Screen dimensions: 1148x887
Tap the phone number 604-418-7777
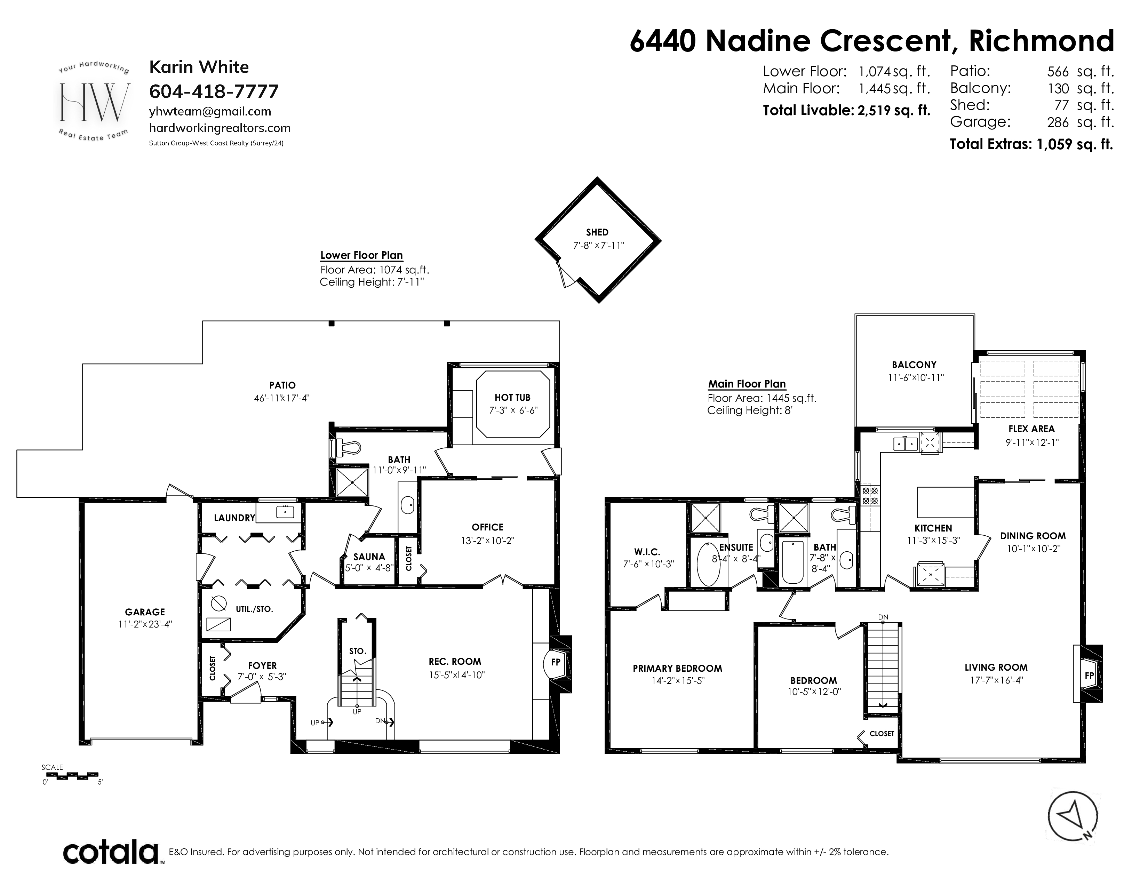(x=214, y=91)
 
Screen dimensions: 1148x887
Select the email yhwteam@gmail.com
(x=210, y=111)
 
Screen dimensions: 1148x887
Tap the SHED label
(x=597, y=232)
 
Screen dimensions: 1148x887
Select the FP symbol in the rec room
(x=556, y=663)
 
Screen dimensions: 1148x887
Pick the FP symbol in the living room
(x=1089, y=676)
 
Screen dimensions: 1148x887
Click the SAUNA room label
(x=369, y=557)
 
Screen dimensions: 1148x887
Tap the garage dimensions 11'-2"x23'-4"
(x=146, y=624)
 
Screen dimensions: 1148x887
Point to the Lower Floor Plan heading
(x=362, y=255)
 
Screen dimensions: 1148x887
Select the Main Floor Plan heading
(x=747, y=384)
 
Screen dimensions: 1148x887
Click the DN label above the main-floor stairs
(x=883, y=617)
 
